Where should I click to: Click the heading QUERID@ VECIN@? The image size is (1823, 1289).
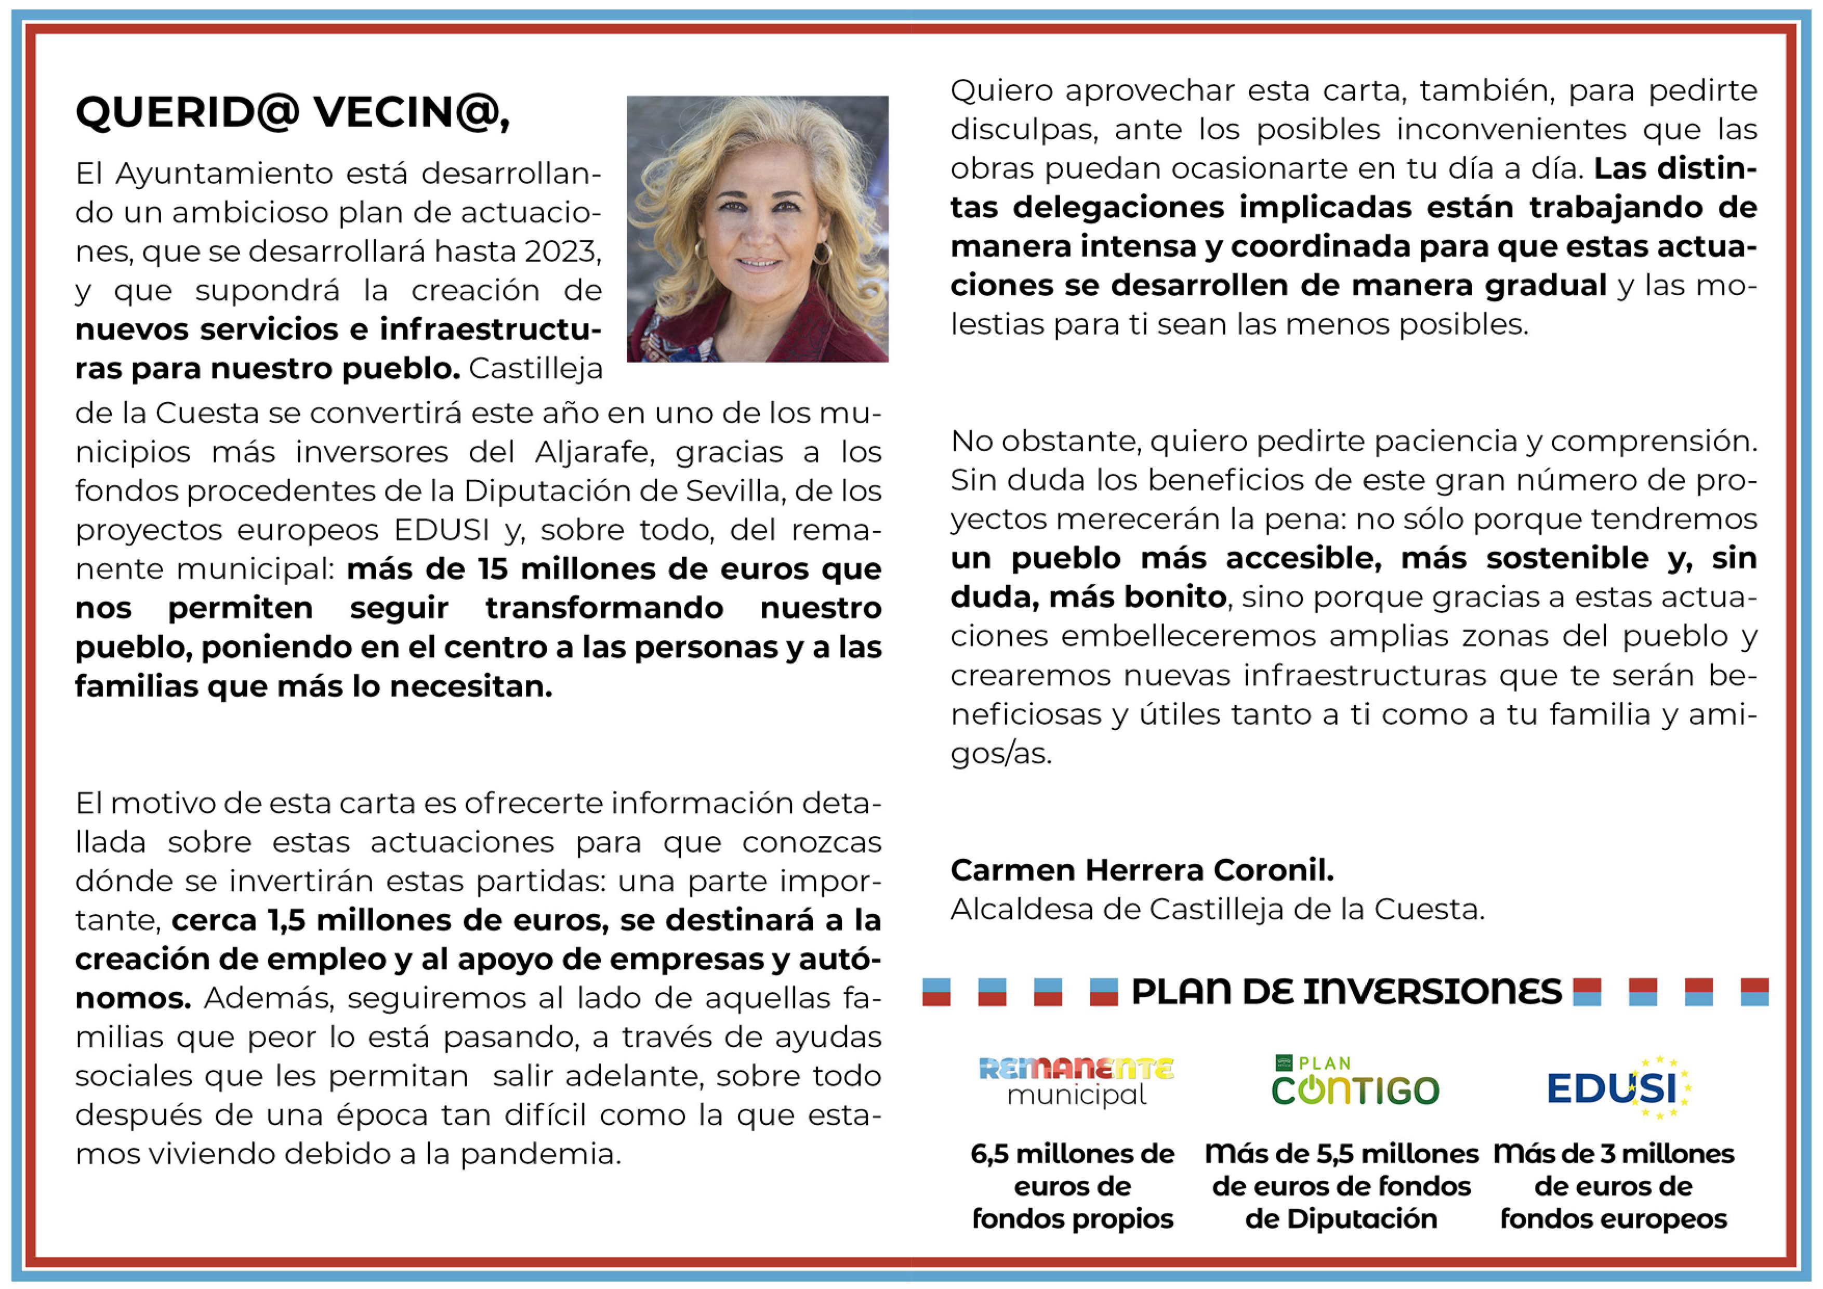(x=292, y=112)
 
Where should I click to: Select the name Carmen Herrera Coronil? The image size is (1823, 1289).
(x=1142, y=871)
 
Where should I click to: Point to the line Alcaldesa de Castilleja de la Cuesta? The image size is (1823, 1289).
(x=1217, y=910)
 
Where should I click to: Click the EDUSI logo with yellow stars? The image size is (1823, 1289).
(x=1618, y=1086)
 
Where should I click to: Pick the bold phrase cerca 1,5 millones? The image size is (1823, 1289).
(x=314, y=920)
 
